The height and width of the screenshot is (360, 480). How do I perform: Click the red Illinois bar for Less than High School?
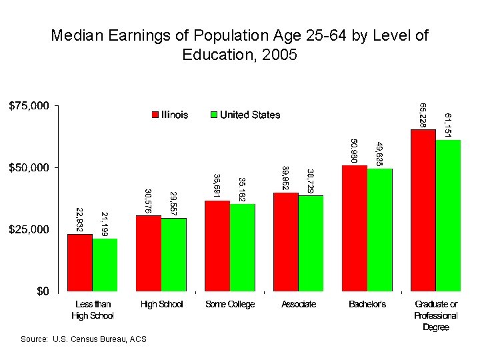click(80, 263)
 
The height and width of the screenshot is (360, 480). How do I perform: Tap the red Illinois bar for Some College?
click(217, 246)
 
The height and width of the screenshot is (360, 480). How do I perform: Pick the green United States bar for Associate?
click(311, 243)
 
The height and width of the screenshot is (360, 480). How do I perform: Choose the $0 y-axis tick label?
click(41, 291)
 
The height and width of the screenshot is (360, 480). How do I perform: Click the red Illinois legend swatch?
click(156, 115)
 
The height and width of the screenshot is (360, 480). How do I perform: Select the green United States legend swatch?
click(215, 115)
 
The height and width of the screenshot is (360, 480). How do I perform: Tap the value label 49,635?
click(379, 153)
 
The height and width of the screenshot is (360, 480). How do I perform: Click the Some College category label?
click(230, 305)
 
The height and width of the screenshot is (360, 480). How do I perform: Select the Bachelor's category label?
click(367, 305)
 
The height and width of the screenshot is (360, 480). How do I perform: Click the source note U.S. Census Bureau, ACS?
click(83, 340)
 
